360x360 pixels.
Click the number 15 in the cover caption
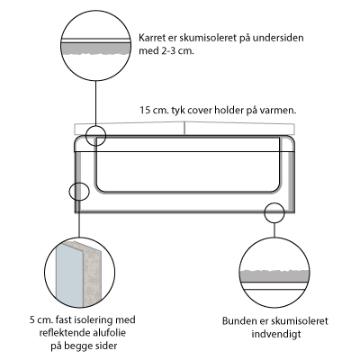[x=145, y=111]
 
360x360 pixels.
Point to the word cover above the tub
[x=200, y=111]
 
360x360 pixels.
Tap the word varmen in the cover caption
[x=278, y=111]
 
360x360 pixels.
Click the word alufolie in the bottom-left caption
[x=108, y=332]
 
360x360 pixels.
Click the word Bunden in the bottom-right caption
[x=238, y=320]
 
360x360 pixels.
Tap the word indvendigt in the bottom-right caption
[x=276, y=334]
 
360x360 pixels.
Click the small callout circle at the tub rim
[x=96, y=136]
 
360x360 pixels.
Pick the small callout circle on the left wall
[x=79, y=191]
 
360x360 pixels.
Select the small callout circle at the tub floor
[x=274, y=212]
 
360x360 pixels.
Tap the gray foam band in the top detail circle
[x=95, y=49]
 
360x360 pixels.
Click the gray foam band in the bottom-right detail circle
[x=274, y=276]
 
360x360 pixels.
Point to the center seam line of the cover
[x=184, y=128]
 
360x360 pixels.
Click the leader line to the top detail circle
[x=95, y=103]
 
